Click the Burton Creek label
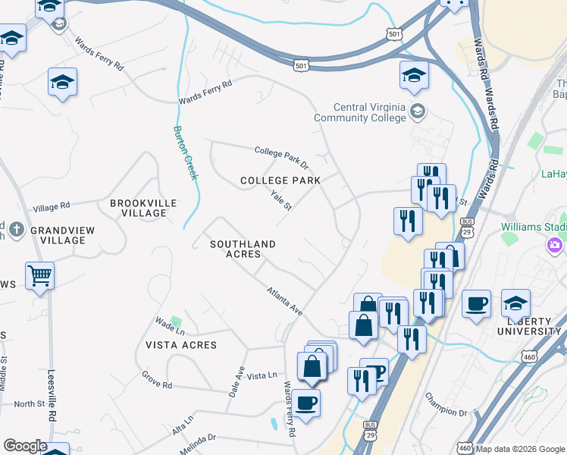(x=186, y=152)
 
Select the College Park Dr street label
(x=282, y=158)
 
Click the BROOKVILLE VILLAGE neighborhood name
(x=143, y=208)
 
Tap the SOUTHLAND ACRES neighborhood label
(x=242, y=249)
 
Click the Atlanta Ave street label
(x=284, y=301)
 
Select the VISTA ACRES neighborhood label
(x=181, y=344)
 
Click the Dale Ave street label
(x=237, y=381)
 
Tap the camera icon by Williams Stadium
(x=555, y=245)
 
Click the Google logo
(x=24, y=446)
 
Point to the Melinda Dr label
(x=199, y=438)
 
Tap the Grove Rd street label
(x=157, y=380)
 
